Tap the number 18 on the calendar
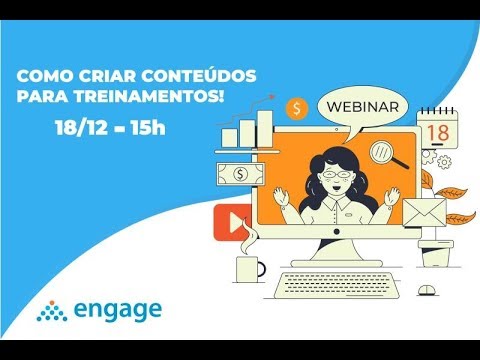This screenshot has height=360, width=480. tap(436, 130)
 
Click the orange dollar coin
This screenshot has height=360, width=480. tap(296, 108)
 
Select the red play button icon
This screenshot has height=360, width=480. tap(232, 224)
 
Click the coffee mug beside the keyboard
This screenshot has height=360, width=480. tap(248, 268)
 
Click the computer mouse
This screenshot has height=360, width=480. tap(428, 290)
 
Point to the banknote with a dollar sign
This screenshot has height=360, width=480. tap(240, 175)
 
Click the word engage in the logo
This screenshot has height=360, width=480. tap(113, 310)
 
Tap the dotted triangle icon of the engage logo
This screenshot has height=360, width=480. tap(51, 313)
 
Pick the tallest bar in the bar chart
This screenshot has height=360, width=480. tap(265, 128)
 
